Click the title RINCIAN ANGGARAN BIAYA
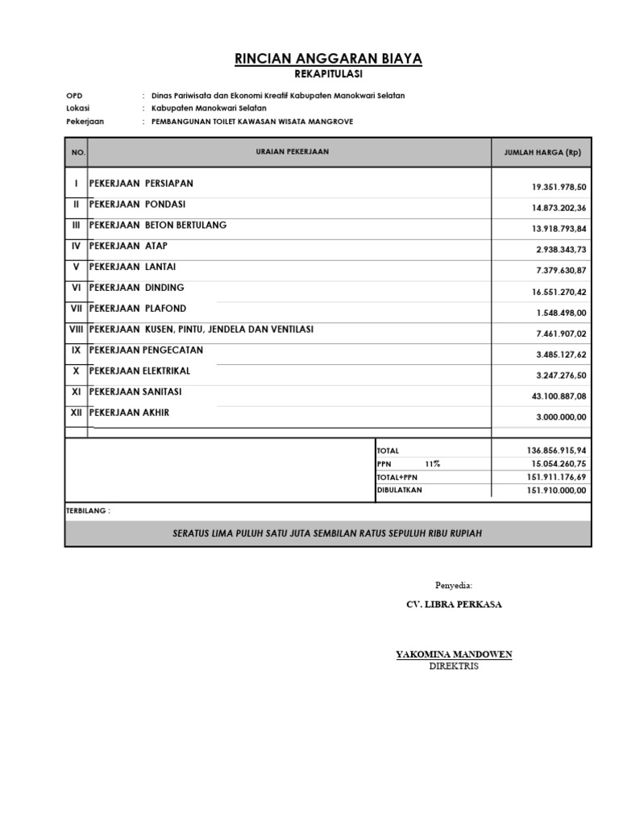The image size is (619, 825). [327, 59]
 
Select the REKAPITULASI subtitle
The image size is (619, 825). [328, 74]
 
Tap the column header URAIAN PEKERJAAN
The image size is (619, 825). [292, 151]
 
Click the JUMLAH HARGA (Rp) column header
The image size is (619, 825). [542, 152]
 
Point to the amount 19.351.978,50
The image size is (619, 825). [559, 187]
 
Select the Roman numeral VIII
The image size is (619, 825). [77, 330]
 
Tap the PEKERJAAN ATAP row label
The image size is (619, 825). [129, 246]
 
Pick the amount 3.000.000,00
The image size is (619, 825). [561, 417]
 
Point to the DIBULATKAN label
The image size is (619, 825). [399, 490]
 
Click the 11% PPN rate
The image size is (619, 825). [433, 464]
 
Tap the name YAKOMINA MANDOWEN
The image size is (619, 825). [454, 654]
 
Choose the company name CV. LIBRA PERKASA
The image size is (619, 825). [454, 604]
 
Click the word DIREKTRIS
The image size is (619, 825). [454, 666]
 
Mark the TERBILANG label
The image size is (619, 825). [88, 512]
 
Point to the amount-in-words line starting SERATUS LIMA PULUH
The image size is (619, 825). [327, 534]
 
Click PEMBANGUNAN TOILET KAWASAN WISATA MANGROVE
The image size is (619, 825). [252, 122]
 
